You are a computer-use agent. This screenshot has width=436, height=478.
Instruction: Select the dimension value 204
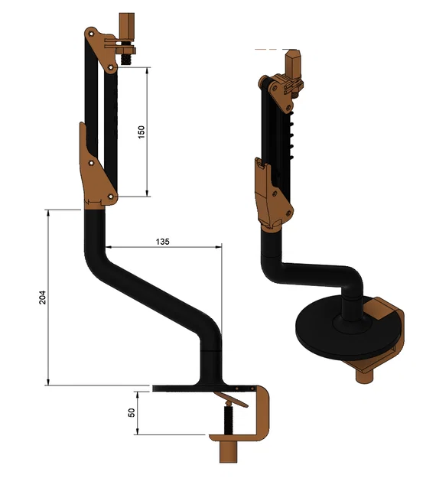(43, 298)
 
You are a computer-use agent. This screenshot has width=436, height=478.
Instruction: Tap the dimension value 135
(162, 241)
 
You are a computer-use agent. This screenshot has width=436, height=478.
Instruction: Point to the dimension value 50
(132, 412)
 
